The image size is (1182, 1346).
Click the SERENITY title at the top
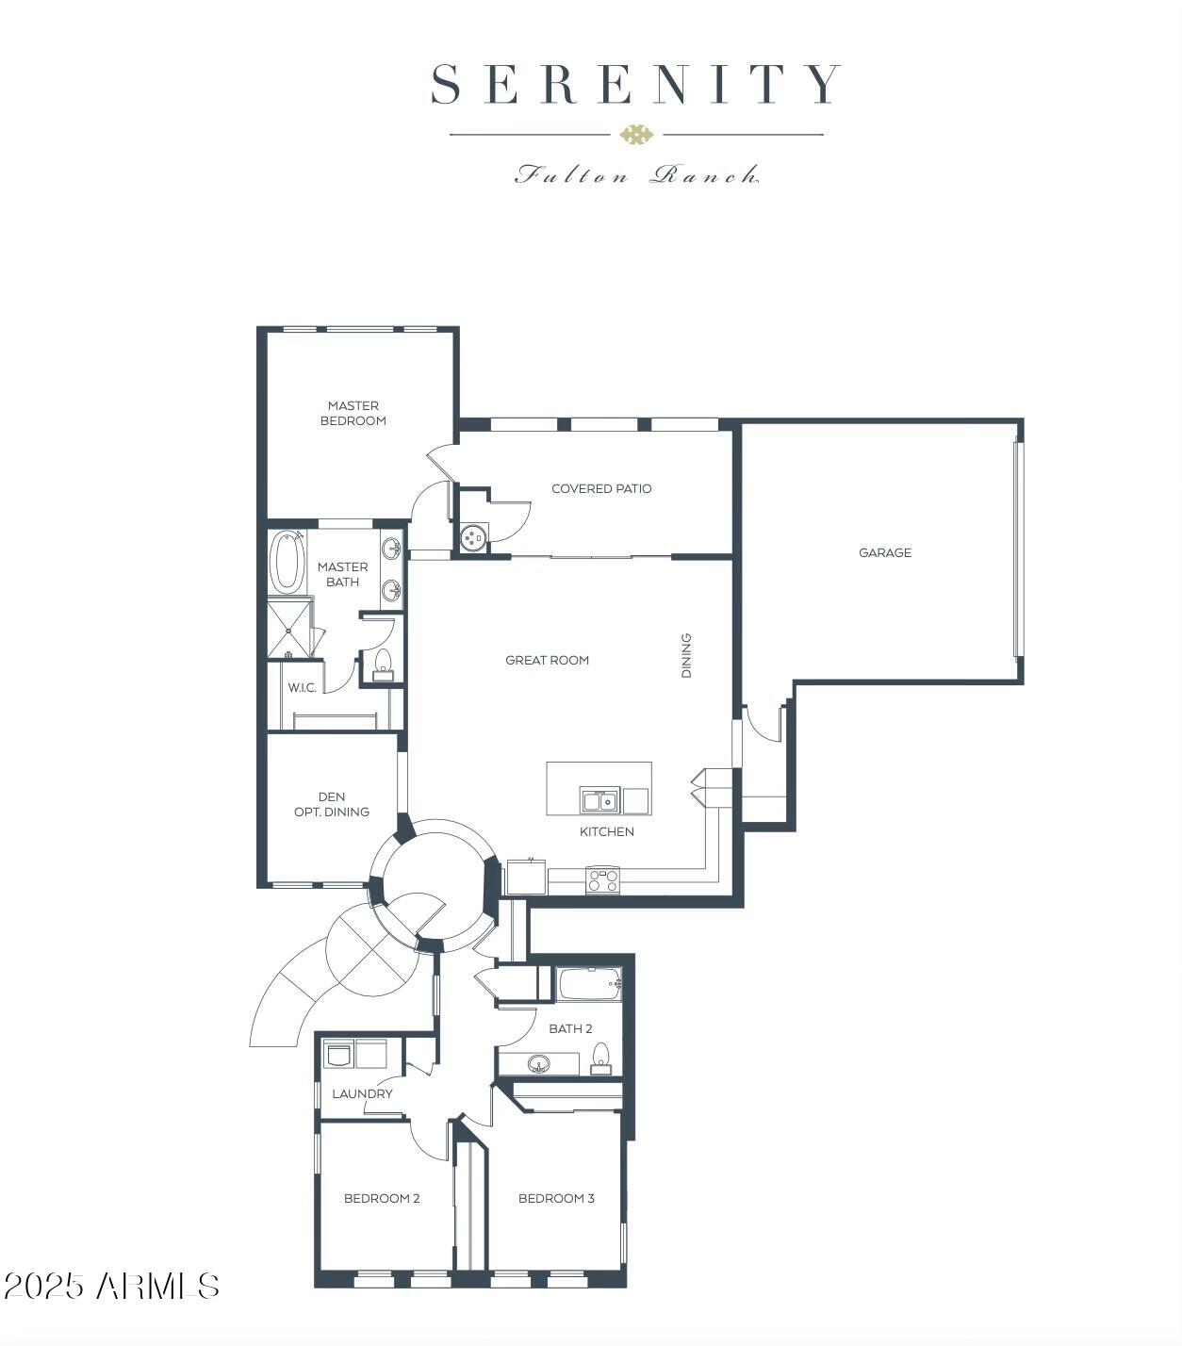click(x=635, y=84)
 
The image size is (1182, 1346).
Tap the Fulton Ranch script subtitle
click(x=636, y=174)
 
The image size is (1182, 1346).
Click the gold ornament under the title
click(x=636, y=135)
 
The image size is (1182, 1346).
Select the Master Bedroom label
click(x=353, y=414)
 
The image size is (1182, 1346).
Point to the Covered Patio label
click(x=601, y=488)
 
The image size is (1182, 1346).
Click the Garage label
click(x=884, y=552)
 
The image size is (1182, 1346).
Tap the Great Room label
click(x=547, y=660)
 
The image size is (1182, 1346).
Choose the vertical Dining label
click(x=686, y=655)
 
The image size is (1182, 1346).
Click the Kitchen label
click(x=607, y=831)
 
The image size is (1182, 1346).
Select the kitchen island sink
click(x=599, y=801)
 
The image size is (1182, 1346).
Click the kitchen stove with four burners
click(x=603, y=880)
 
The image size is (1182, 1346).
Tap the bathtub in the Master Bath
click(x=287, y=562)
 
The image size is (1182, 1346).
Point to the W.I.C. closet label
click(x=302, y=687)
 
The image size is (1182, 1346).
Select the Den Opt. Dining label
click(x=332, y=804)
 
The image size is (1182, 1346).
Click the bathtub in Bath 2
click(x=589, y=985)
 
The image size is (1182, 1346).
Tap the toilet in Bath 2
click(x=600, y=1058)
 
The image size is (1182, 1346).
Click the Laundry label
click(x=362, y=1093)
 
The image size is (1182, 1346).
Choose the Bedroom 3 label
click(x=556, y=1198)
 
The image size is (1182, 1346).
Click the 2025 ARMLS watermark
click(x=111, y=1286)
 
